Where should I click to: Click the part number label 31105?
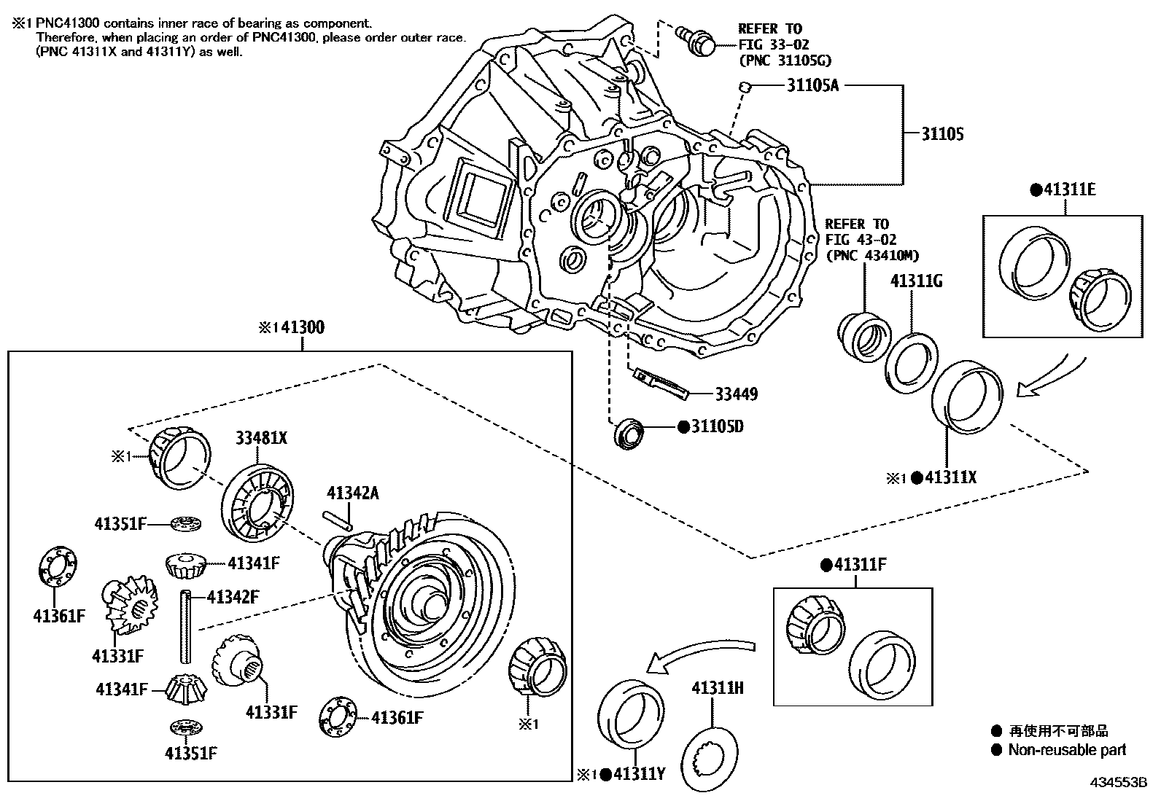click(x=941, y=134)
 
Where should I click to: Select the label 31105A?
click(x=813, y=85)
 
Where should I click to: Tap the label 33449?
click(x=736, y=394)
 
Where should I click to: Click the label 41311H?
click(x=718, y=687)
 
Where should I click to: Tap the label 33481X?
click(x=261, y=438)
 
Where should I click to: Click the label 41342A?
click(x=353, y=493)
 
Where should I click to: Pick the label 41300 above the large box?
click(x=302, y=328)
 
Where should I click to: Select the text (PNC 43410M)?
click(x=872, y=254)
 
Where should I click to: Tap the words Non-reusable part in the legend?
click(x=1067, y=749)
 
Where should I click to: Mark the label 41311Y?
click(x=639, y=774)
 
